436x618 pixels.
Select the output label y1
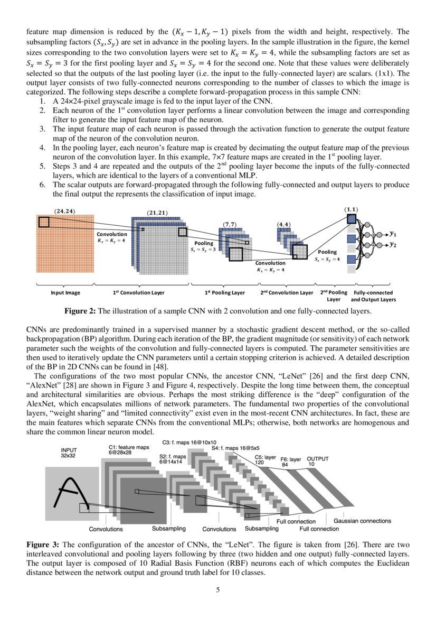pyautogui.click(x=393, y=234)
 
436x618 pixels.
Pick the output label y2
pyautogui.click(x=393, y=245)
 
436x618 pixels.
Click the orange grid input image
pyautogui.click(x=65, y=243)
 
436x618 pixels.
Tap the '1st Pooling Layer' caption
pyautogui.click(x=225, y=292)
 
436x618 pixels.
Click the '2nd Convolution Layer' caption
pyautogui.click(x=287, y=292)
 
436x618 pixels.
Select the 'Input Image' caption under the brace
pyautogui.click(x=65, y=292)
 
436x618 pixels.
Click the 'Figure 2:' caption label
pyautogui.click(x=80, y=311)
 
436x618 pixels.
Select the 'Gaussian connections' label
pyautogui.click(x=362, y=521)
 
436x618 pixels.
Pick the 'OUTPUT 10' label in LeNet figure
pyautogui.click(x=318, y=462)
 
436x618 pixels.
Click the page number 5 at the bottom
pyautogui.click(x=218, y=590)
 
